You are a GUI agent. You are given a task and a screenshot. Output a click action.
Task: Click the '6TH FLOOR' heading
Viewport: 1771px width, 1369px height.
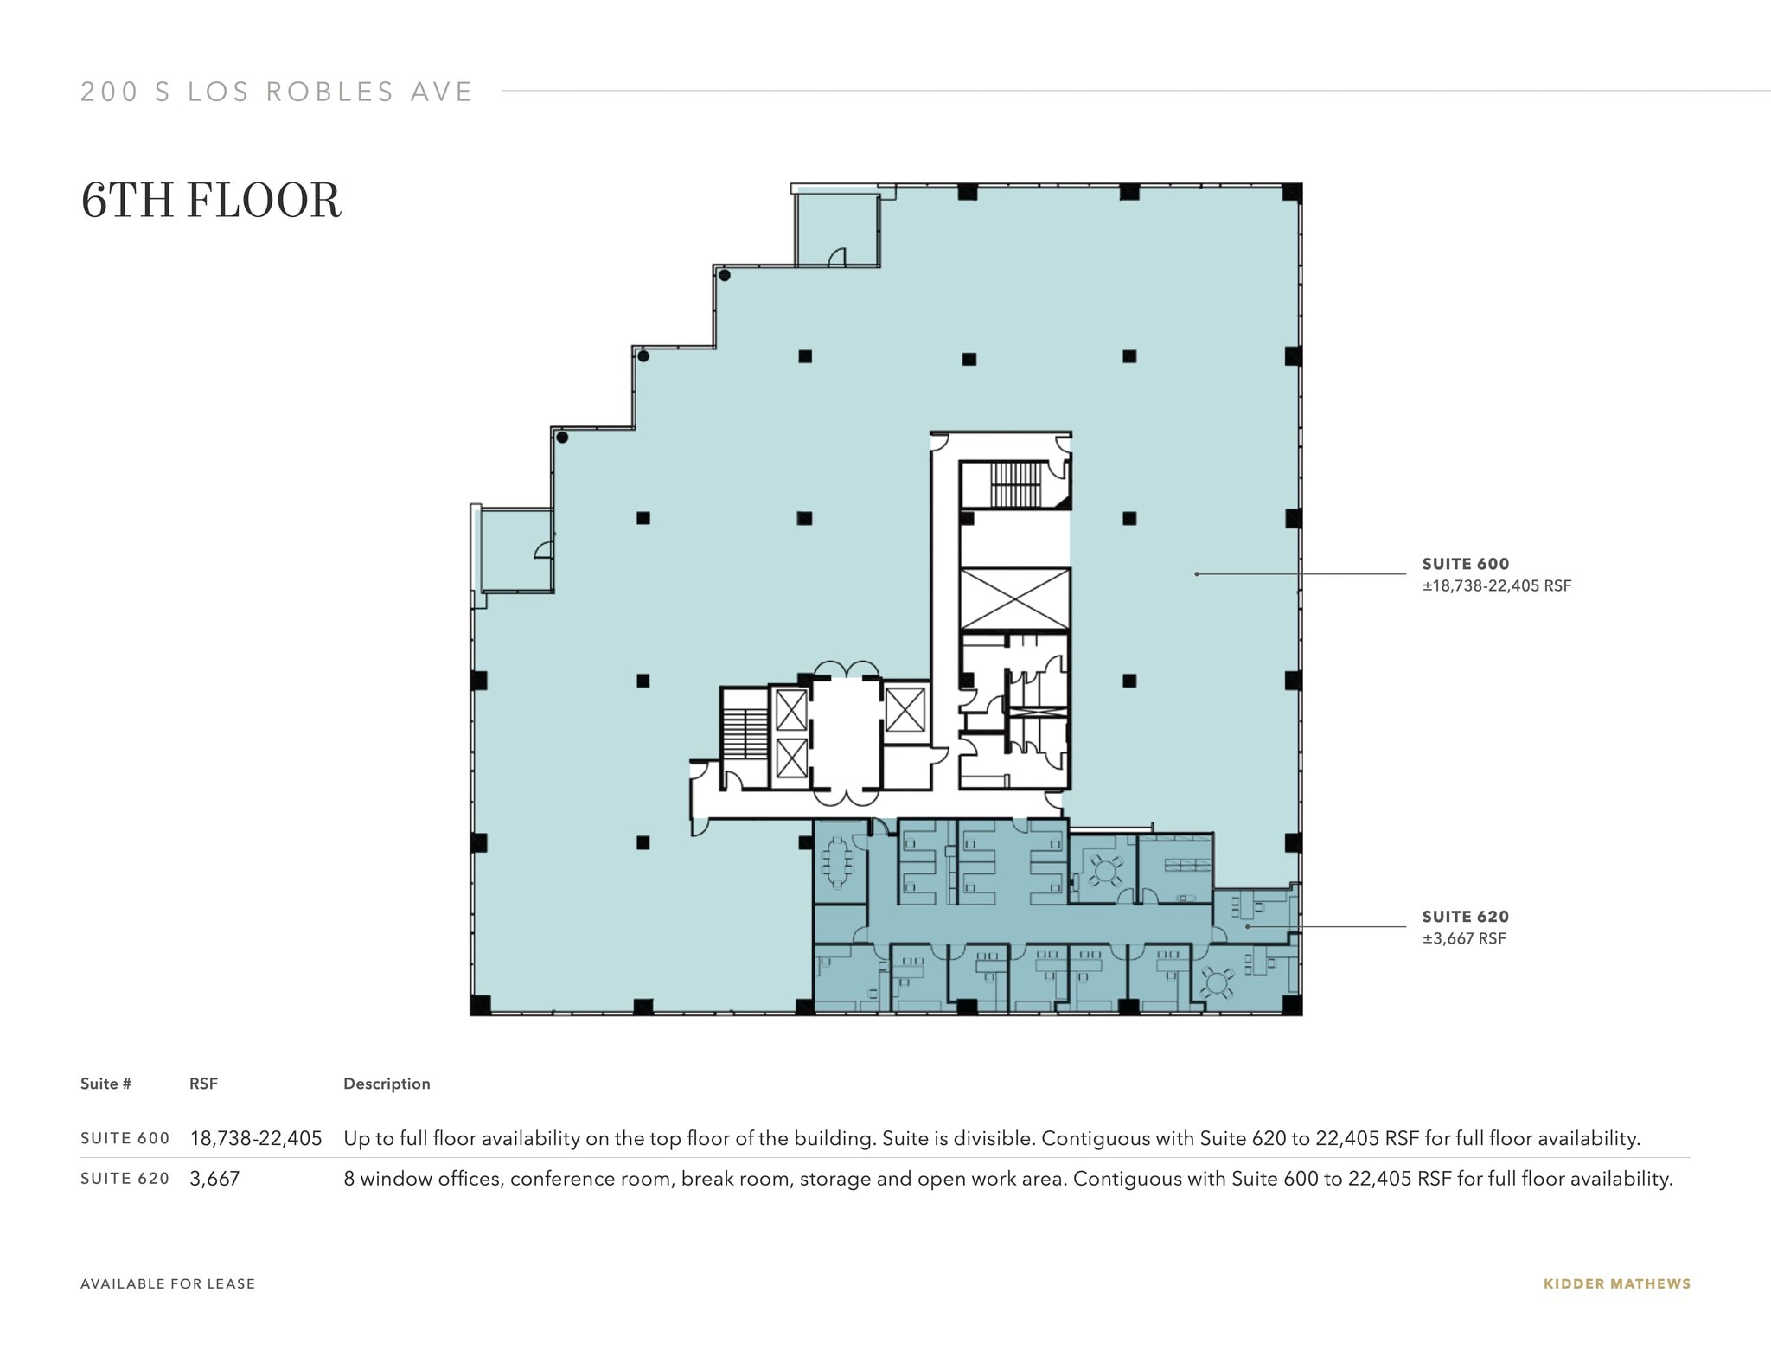pos(211,201)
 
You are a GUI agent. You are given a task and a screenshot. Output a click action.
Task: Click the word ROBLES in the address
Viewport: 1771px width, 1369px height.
pos(329,92)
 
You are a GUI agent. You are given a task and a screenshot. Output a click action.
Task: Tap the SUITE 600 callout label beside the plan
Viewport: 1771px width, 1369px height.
pos(1465,564)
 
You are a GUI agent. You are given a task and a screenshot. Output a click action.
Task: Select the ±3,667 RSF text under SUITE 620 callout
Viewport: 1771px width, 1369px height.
pos(1464,938)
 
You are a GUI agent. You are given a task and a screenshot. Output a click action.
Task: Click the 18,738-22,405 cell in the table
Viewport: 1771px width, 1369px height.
pos(256,1138)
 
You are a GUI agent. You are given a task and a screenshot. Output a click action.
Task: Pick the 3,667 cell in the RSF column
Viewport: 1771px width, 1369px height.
pos(214,1179)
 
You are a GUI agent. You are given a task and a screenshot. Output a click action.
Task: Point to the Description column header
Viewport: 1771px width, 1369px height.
pos(387,1084)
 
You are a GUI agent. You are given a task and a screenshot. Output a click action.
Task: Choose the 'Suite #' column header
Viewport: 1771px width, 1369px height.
pos(105,1084)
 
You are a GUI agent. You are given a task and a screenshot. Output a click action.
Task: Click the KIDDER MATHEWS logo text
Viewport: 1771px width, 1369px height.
pos(1616,1283)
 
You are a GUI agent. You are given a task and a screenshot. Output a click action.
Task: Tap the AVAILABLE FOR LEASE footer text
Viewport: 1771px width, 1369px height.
pos(168,1283)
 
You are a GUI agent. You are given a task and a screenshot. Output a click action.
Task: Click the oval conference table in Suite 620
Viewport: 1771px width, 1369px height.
pos(836,861)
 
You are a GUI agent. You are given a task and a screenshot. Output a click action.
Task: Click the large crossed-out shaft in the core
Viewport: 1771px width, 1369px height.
pos(1015,598)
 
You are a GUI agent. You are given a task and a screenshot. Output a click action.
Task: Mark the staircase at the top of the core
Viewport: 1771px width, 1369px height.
pos(1015,483)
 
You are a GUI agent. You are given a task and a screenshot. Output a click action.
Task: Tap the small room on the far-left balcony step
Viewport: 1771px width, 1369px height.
pos(517,550)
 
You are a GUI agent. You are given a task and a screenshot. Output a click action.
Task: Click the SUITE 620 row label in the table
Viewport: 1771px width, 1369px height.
pos(125,1179)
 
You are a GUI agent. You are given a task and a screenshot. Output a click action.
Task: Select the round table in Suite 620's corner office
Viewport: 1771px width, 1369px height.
pos(1217,982)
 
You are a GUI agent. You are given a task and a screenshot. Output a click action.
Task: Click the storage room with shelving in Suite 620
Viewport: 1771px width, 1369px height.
pos(1175,867)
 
